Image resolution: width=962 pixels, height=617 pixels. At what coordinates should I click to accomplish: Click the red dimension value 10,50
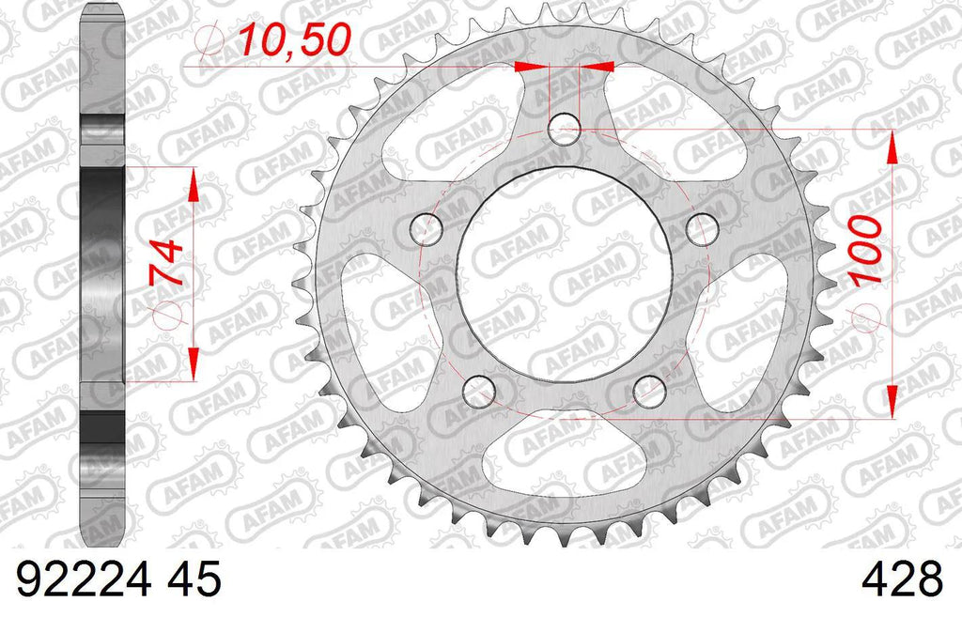[294, 39]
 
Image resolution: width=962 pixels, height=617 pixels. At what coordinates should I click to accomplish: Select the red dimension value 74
[166, 263]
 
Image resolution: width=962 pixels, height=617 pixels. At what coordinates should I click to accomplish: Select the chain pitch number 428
[902, 579]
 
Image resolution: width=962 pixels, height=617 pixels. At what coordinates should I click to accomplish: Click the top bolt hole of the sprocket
[565, 130]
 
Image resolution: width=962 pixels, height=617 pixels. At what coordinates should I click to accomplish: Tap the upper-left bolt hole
[427, 230]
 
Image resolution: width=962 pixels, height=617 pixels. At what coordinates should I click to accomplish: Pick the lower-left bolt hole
[479, 392]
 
